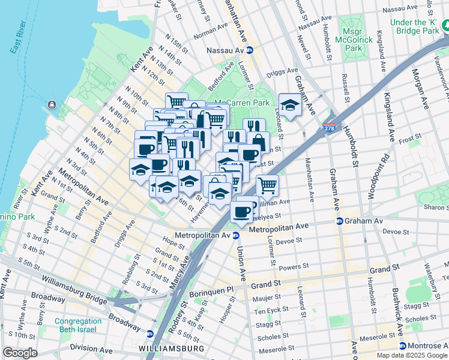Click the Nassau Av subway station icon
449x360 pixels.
pyautogui.click(x=249, y=51)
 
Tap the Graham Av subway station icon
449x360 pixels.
pyautogui.click(x=339, y=221)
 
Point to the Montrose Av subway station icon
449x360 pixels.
pyautogui.click(x=402, y=346)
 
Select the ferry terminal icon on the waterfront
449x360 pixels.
pyautogui.click(x=52, y=106)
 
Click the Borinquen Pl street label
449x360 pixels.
pyautogui.click(x=212, y=289)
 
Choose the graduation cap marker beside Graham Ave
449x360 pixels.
pyautogui.click(x=289, y=106)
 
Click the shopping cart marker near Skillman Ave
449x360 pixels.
pyautogui.click(x=267, y=184)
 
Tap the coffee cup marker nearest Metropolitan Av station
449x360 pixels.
pyautogui.click(x=242, y=211)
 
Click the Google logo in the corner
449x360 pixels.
pyautogui.click(x=20, y=353)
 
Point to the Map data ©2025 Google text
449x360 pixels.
pyautogui.click(x=412, y=355)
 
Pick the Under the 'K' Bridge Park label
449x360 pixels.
pyautogui.click(x=413, y=26)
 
